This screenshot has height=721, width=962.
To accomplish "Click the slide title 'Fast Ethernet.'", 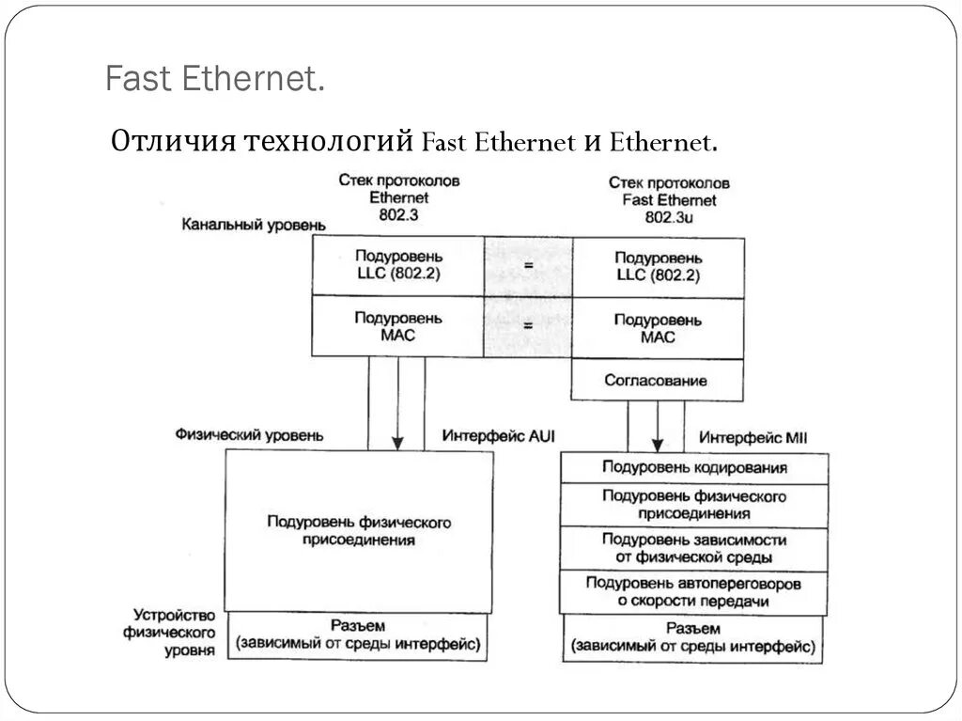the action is pyautogui.click(x=215, y=79).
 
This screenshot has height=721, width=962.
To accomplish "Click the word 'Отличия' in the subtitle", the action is pyautogui.click(x=174, y=142).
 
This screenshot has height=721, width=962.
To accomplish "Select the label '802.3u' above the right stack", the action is pyautogui.click(x=669, y=217).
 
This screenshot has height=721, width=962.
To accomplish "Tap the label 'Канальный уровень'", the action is pyautogui.click(x=255, y=225).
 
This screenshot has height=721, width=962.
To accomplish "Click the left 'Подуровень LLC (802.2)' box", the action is pyautogui.click(x=398, y=265).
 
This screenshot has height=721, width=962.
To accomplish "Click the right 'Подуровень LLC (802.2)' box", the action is pyautogui.click(x=658, y=266).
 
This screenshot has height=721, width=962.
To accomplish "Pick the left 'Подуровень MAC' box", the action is pyautogui.click(x=398, y=326).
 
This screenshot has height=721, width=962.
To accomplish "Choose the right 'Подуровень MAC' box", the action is pyautogui.click(x=658, y=328).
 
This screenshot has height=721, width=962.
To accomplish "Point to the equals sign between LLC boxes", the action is pyautogui.click(x=528, y=266).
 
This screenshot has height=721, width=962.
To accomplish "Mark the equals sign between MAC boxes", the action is pyautogui.click(x=528, y=326).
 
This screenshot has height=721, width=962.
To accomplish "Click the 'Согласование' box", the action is pyautogui.click(x=658, y=381).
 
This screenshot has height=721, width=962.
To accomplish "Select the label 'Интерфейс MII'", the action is pyautogui.click(x=753, y=438).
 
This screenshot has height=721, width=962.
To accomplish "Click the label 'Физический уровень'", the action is pyautogui.click(x=249, y=435).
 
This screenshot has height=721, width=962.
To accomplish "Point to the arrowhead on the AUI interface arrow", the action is pyautogui.click(x=397, y=442).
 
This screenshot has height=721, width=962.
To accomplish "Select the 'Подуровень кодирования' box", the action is pyautogui.click(x=694, y=468).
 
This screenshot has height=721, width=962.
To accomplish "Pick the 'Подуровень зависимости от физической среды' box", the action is pyautogui.click(x=694, y=548).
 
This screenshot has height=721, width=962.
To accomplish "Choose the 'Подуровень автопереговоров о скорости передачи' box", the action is pyautogui.click(x=694, y=592).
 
